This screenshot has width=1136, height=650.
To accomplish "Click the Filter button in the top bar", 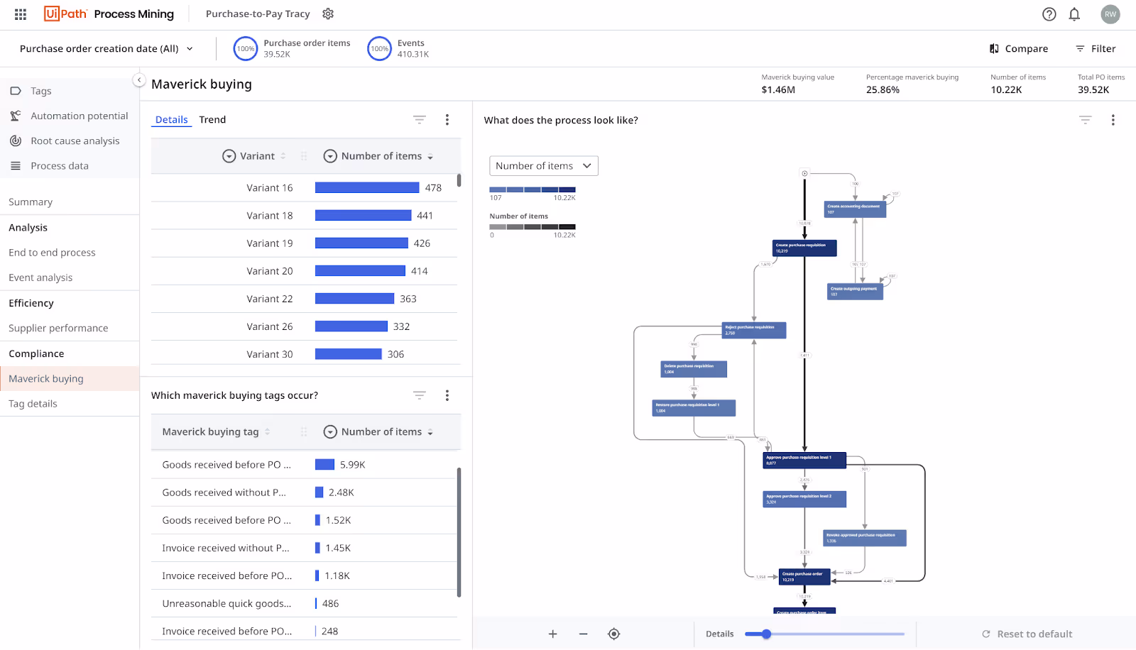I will click(x=1096, y=49).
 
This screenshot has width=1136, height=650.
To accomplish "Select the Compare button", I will click(x=1019, y=49).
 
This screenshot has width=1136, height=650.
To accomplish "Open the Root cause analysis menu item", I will click(x=75, y=141).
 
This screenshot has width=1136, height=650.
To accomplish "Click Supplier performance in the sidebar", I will click(x=58, y=329).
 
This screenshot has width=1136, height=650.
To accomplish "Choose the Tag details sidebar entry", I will click(x=33, y=404).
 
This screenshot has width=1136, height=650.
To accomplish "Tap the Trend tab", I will click(x=212, y=120).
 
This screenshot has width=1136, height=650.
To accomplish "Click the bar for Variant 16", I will click(x=366, y=188).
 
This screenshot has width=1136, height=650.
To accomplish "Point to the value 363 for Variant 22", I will click(x=408, y=299).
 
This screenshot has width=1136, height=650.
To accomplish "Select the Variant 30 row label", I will click(x=269, y=354).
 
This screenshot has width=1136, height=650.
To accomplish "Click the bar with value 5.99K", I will click(x=324, y=465).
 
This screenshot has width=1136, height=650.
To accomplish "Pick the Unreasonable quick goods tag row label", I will click(x=226, y=604).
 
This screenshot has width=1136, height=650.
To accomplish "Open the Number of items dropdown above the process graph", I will click(x=543, y=166).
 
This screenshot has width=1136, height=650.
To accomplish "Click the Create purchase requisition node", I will click(x=804, y=248).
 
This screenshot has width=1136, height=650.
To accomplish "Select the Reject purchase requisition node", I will click(x=753, y=330).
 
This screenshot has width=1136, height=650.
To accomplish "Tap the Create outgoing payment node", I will click(x=855, y=291).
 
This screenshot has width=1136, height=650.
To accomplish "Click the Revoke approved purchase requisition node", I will click(x=864, y=538).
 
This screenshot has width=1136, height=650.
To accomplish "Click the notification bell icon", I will click(x=1074, y=14).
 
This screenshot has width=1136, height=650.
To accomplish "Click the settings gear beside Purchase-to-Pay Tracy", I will click(x=328, y=14).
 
